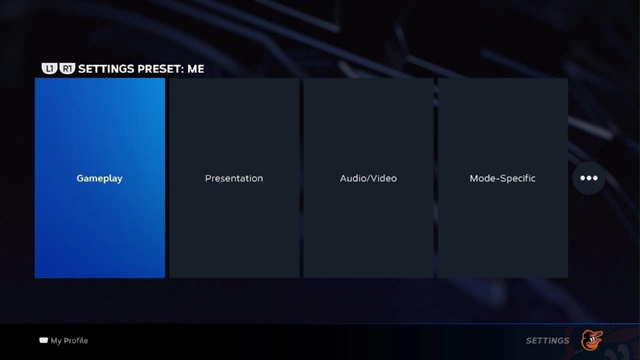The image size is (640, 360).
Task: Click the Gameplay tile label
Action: pos(99,178)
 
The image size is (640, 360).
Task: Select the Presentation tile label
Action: pos(234,178)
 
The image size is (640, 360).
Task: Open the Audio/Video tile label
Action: pos(368,178)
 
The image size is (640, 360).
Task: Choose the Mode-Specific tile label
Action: pos(502,178)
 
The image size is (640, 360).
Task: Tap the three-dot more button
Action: pos(589,178)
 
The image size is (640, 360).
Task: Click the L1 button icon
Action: pos(49,68)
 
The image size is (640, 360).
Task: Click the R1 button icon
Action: pos(67,68)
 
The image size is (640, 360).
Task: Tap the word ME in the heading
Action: pos(196,69)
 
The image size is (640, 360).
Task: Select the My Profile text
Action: pos(69,340)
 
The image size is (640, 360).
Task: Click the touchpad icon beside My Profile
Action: pos(43,340)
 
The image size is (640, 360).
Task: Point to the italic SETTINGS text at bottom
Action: pos(547,340)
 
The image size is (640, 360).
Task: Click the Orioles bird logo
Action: pos(591,340)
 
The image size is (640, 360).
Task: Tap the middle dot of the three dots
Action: pos(589,178)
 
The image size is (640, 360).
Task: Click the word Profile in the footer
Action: pos(75,340)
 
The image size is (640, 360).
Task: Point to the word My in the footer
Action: pos(56,340)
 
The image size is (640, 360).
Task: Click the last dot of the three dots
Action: pos(595,178)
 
